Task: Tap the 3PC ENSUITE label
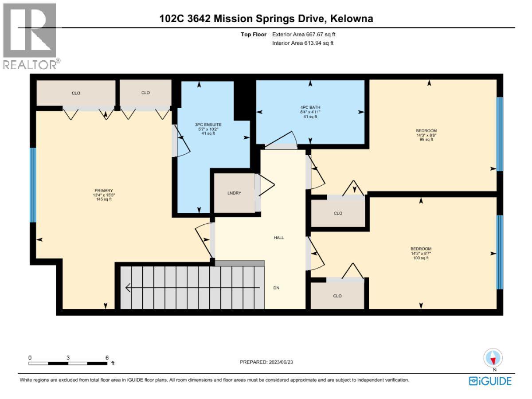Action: point(208,125)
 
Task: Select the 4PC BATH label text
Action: point(310,107)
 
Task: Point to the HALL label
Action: point(278,238)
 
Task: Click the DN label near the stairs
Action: point(277,288)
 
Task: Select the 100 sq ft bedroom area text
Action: point(421,258)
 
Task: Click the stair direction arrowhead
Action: point(129,288)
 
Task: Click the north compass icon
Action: point(493,359)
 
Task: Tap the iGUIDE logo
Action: point(490,381)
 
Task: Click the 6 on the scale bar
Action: point(107,357)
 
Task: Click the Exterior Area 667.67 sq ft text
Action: point(307,34)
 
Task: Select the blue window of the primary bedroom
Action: point(32,185)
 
